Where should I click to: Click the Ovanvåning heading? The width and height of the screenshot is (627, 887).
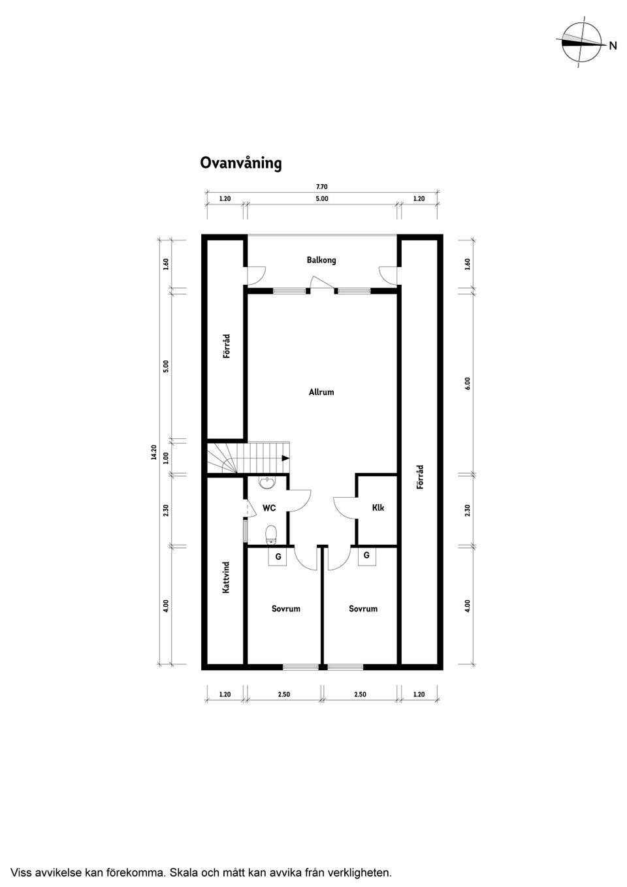tap(240, 163)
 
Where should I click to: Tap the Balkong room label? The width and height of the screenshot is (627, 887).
tap(321, 260)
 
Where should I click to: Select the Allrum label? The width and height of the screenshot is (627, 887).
tap(321, 392)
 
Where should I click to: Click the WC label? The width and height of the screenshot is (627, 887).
tap(269, 508)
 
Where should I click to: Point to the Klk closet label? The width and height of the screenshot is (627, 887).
tap(378, 508)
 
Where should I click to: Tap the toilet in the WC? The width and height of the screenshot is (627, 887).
tap(271, 534)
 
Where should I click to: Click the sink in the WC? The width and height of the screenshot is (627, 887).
tap(268, 483)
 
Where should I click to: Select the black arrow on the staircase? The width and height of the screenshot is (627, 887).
tap(285, 458)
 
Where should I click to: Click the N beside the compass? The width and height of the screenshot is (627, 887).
tap(613, 46)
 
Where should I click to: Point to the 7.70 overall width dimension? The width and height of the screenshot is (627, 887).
tap(322, 187)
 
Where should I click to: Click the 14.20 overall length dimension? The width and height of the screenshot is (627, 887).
tap(154, 453)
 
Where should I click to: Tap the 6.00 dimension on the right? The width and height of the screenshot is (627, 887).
tap(468, 383)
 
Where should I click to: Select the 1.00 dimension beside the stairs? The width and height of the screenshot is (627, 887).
tap(166, 458)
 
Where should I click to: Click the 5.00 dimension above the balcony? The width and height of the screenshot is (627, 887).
tap(322, 199)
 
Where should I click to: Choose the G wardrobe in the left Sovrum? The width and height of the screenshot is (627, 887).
tap(278, 557)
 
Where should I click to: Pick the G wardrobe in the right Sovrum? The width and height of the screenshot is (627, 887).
tap(366, 556)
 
